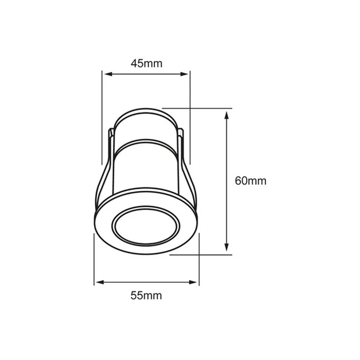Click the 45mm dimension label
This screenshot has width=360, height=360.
(x=146, y=64)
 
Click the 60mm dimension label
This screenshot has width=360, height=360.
(x=251, y=181)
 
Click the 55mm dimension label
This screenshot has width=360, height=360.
(x=146, y=296)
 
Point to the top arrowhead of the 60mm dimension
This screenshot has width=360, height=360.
(x=226, y=115)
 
